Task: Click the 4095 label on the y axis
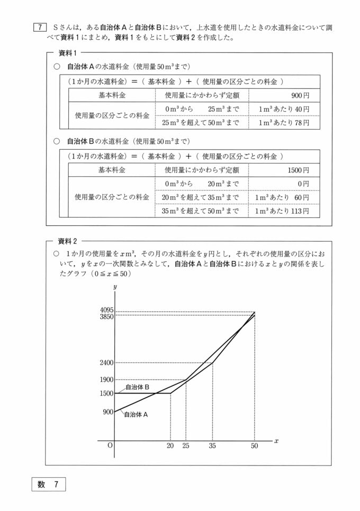click(106, 310)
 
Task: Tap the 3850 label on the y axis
click(106, 316)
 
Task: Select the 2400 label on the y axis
click(106, 363)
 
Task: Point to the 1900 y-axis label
click(106, 380)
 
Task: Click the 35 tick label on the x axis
click(212, 445)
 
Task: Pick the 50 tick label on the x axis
click(255, 445)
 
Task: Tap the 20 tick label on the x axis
click(170, 445)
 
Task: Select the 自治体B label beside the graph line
click(137, 387)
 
